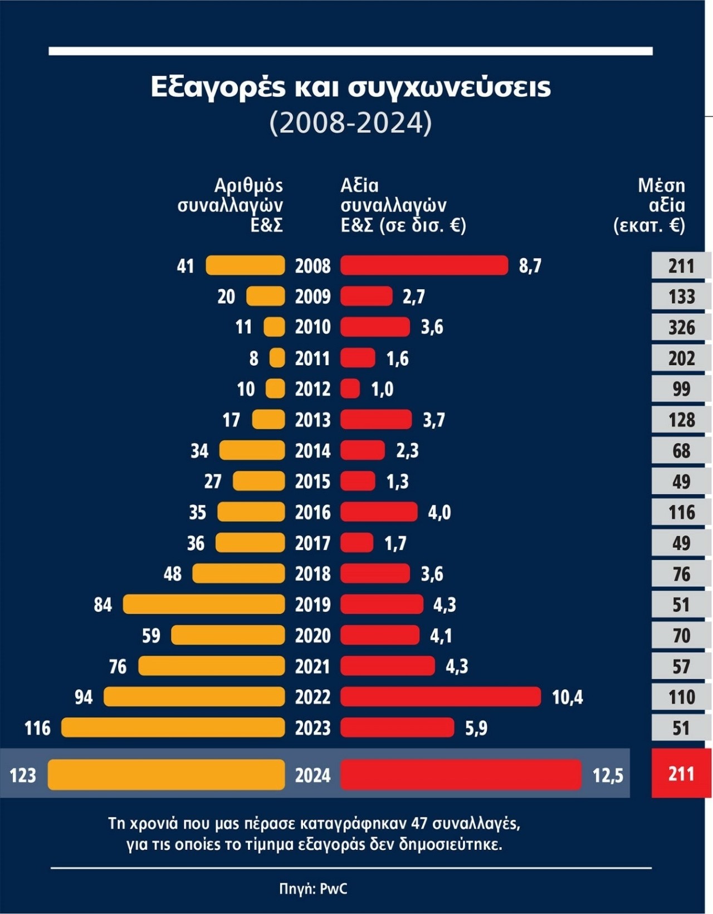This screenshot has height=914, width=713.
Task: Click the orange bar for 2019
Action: click(x=204, y=604)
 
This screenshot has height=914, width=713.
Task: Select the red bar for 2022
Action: click(x=440, y=697)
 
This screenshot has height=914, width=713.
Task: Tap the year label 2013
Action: click(x=312, y=420)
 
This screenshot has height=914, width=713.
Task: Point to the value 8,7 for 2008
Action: click(x=530, y=266)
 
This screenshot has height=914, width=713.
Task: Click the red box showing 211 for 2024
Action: click(x=681, y=774)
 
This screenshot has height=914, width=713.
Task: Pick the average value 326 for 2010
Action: click(x=681, y=327)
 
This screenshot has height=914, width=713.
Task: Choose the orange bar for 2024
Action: click(x=166, y=775)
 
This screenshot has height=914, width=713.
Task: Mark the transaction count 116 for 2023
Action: click(x=37, y=728)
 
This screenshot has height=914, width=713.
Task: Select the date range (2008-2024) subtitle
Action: click(x=350, y=123)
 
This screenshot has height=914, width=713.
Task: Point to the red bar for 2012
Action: click(x=350, y=388)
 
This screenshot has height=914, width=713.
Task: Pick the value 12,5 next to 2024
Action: click(x=608, y=775)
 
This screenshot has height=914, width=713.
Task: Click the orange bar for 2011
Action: click(x=277, y=358)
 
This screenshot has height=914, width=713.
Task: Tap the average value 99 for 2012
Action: click(x=681, y=388)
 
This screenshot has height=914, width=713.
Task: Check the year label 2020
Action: click(x=312, y=635)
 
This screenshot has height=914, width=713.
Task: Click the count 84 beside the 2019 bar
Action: click(x=102, y=605)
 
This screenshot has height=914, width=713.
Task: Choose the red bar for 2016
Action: click(x=379, y=512)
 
